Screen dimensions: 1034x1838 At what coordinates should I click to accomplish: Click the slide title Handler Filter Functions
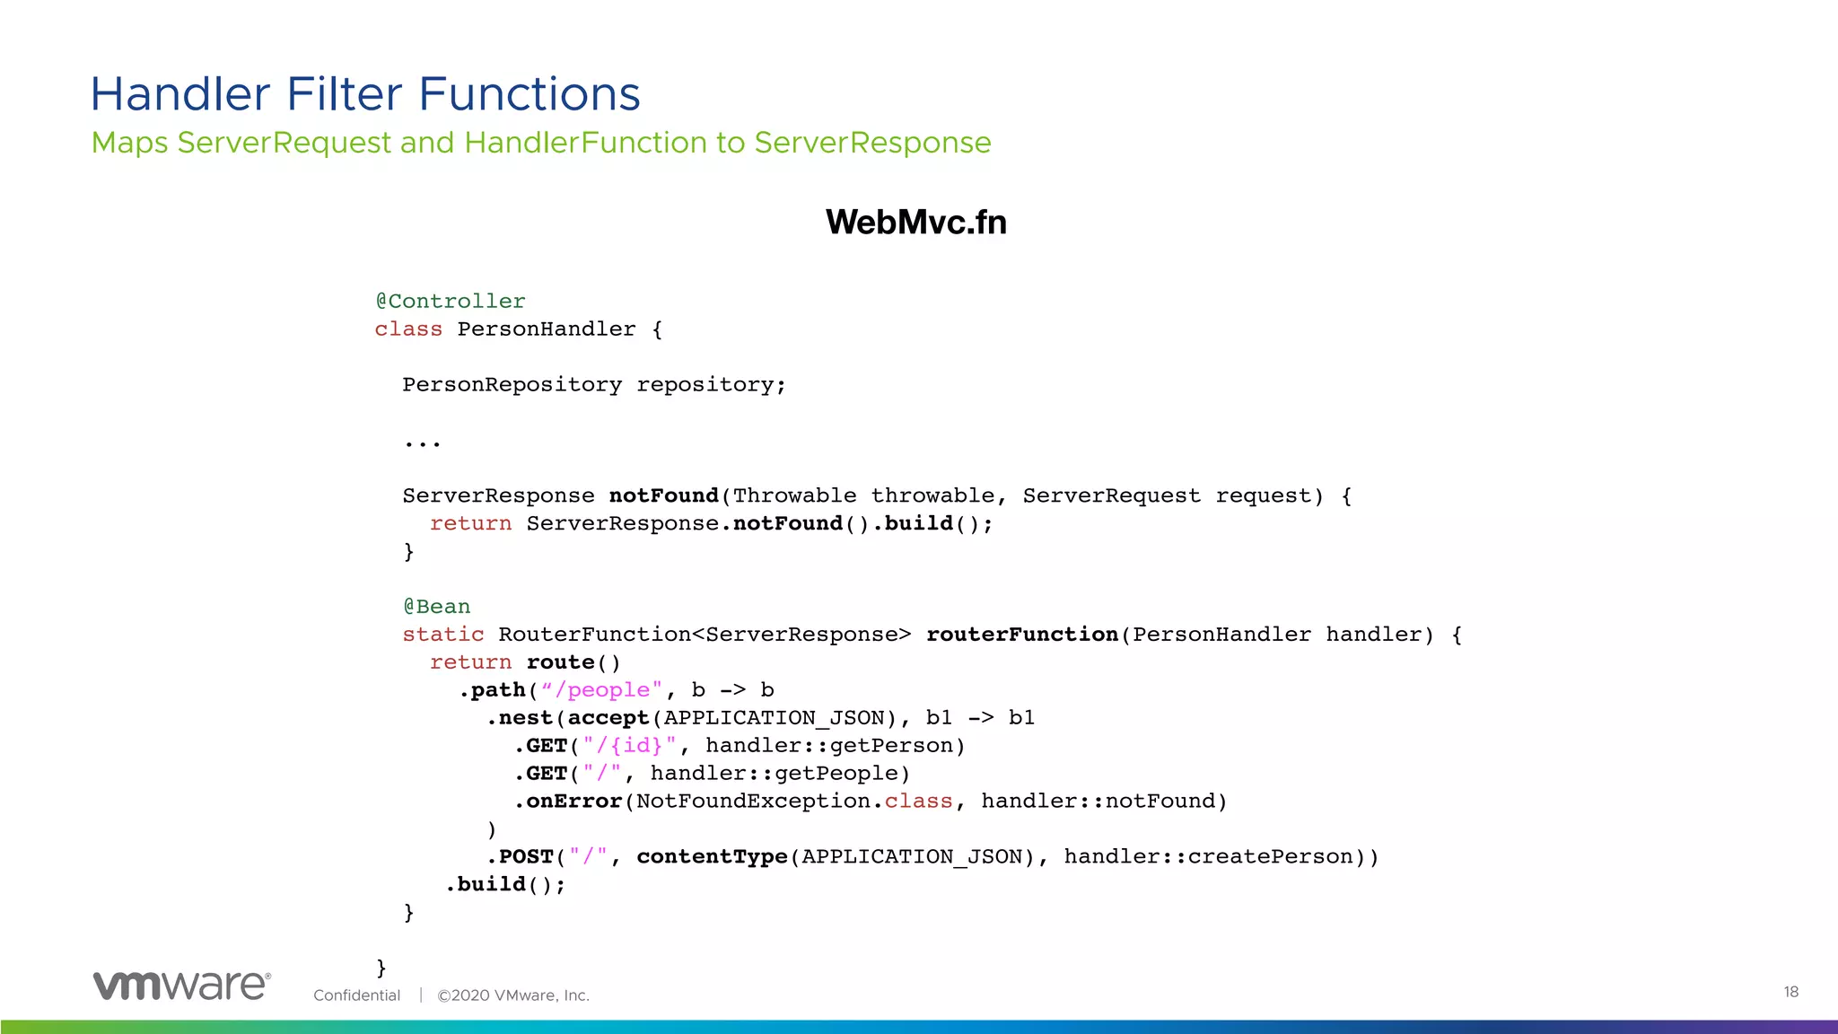pos(365,94)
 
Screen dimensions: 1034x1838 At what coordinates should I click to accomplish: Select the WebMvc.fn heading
pos(915,223)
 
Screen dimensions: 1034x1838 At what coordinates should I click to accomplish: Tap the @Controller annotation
pos(450,302)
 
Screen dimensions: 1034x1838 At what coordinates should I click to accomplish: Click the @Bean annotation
pos(436,607)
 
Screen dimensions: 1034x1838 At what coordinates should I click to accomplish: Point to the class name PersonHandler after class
pos(546,329)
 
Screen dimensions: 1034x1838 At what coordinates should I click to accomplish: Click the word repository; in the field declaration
pos(711,385)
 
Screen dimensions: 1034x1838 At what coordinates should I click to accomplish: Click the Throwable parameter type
pos(794,496)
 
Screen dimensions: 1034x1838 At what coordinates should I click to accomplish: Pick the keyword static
pos(442,635)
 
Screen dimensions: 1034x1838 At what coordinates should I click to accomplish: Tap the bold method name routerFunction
pos(1021,635)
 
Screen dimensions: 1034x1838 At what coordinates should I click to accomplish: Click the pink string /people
pos(608,690)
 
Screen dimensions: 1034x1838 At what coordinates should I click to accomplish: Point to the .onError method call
pos(570,802)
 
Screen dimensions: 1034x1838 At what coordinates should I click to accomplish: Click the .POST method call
pos(521,857)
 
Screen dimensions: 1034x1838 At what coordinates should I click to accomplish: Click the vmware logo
pos(181,986)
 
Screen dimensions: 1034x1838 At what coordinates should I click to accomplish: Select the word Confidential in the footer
pos(356,995)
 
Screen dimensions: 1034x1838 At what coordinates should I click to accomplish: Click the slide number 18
pos(1790,992)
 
